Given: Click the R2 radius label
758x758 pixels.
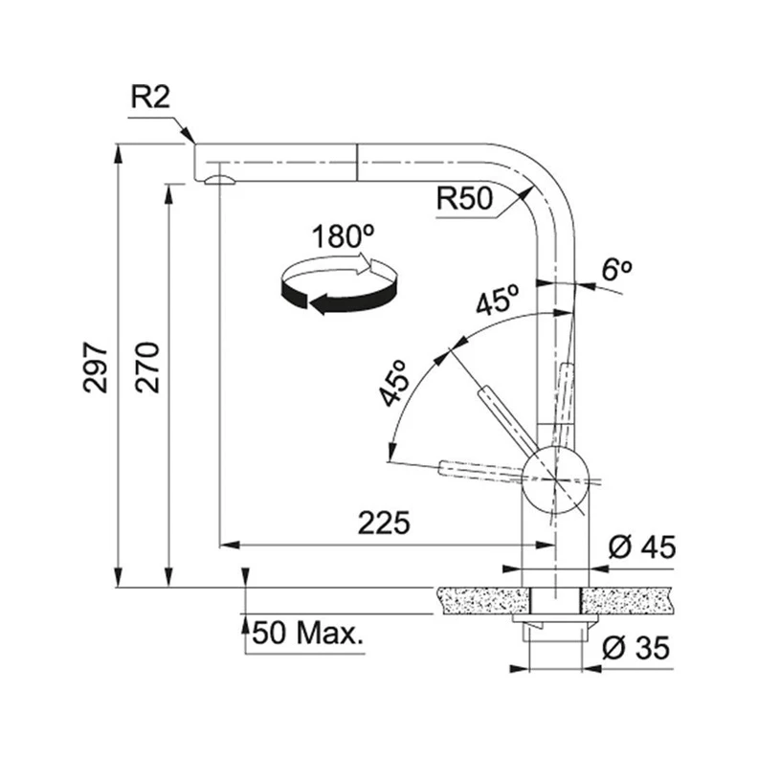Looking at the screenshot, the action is (150, 98).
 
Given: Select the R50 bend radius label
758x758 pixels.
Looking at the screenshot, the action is (464, 198).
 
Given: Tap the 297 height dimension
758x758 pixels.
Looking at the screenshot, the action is (96, 368).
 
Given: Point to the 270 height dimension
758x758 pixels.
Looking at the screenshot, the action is (147, 368).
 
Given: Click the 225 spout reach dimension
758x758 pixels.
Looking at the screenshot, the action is (384, 523).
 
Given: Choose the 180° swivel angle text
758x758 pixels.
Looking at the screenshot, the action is (343, 236).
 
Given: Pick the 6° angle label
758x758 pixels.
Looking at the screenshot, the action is (617, 269).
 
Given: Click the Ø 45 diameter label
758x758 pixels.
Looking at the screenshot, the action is (642, 547).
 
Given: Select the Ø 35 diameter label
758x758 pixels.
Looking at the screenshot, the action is (636, 648).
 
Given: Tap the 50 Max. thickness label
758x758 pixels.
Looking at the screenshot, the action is (307, 633).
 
